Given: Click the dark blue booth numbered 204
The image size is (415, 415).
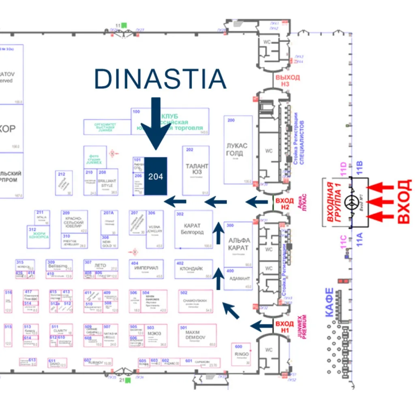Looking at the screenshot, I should point(156,176).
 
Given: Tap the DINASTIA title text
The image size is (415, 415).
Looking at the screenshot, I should point(160,79).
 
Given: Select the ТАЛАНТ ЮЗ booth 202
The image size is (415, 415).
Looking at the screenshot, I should point(196,170).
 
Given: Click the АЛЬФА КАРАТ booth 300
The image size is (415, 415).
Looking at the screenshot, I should point(239,243).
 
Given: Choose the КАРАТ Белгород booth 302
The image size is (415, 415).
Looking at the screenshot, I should point(194,229).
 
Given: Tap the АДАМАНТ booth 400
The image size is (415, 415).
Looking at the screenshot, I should point(238,278).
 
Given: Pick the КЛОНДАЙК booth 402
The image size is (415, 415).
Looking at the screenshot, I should point(194,269).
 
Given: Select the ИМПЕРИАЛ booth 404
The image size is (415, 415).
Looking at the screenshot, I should point(147,269).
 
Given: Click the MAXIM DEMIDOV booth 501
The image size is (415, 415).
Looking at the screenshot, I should point(197,335).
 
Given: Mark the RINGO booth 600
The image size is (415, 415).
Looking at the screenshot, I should point(242,353).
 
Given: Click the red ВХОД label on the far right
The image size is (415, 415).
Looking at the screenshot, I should point(404,201).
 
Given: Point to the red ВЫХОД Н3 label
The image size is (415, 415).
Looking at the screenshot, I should point(287,81).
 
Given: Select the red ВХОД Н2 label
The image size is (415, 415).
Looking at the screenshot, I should point(285,203).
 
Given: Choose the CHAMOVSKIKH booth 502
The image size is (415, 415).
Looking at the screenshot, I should point(196,301).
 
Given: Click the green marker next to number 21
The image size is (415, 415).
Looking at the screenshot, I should point(128,381).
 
